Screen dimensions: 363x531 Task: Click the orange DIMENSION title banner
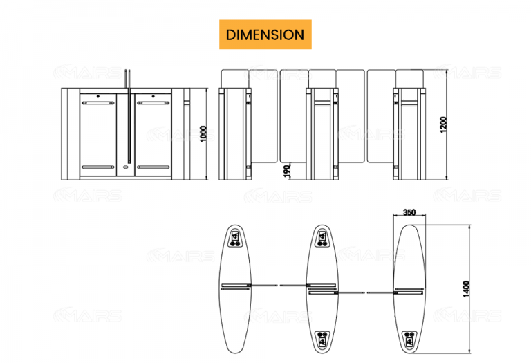click(265, 35)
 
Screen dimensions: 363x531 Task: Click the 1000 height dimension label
click(203, 133)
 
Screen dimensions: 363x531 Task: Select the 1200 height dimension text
click(443, 124)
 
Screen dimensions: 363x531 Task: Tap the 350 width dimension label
click(409, 213)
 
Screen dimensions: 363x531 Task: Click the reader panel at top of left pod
click(236, 237)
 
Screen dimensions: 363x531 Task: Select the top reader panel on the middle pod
click(322, 237)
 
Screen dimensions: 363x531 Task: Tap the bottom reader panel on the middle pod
click(322, 338)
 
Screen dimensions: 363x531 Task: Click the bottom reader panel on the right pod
click(409, 338)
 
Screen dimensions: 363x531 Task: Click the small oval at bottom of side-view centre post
click(125, 166)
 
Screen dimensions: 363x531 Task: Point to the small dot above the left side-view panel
click(97, 96)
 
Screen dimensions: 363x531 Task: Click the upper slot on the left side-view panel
click(97, 103)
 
